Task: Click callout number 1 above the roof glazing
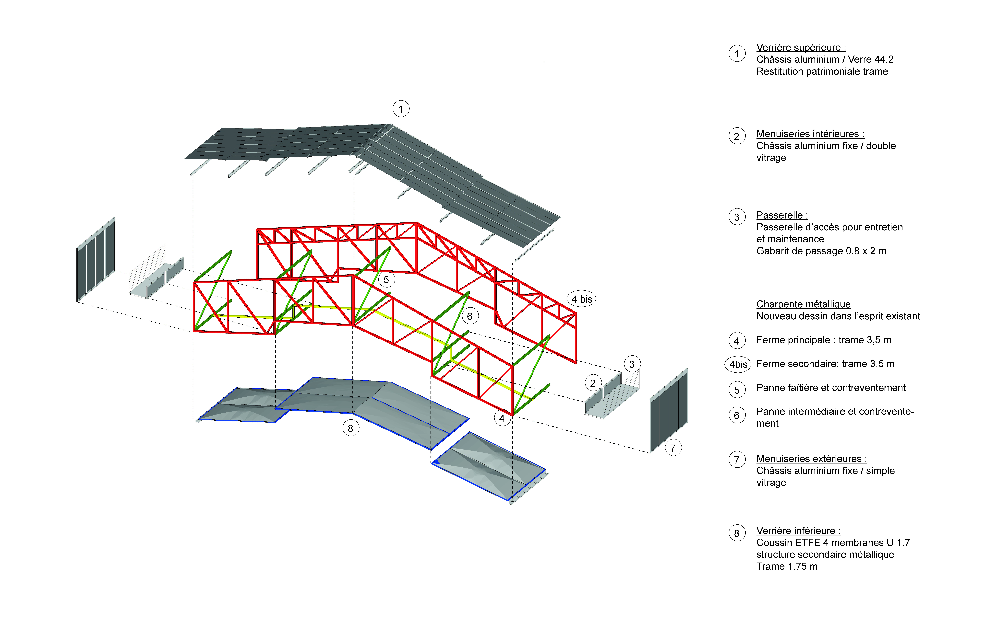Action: point(401,109)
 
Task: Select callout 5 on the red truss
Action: point(386,280)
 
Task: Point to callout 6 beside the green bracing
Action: point(470,316)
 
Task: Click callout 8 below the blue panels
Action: point(351,428)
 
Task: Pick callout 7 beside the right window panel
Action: point(673,448)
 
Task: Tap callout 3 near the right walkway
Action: point(632,364)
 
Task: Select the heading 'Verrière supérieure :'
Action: point(801,47)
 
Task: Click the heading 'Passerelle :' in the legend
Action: point(782,215)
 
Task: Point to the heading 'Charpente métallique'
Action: point(803,304)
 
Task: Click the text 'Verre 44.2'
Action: point(871,59)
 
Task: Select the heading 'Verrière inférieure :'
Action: point(798,531)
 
